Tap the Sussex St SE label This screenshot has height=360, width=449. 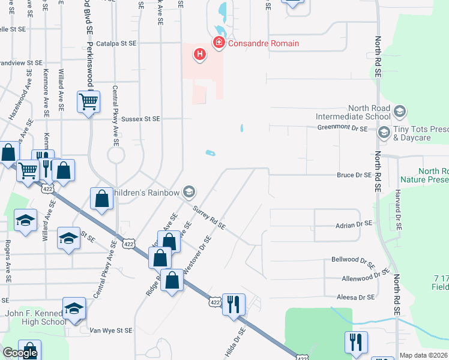[x=140, y=119]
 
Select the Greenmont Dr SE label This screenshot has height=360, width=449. [x=341, y=127]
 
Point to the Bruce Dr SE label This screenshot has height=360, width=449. [x=355, y=175]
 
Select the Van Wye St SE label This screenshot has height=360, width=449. [x=110, y=330]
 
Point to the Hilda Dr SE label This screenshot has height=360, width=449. [x=235, y=343]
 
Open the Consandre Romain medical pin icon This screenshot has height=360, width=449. [x=218, y=43]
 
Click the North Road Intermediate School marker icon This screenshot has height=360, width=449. [x=400, y=112]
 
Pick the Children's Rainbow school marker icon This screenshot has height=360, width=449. [x=189, y=192]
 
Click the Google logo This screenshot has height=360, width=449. [x=20, y=353]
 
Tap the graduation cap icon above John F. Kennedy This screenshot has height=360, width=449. [x=74, y=308]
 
